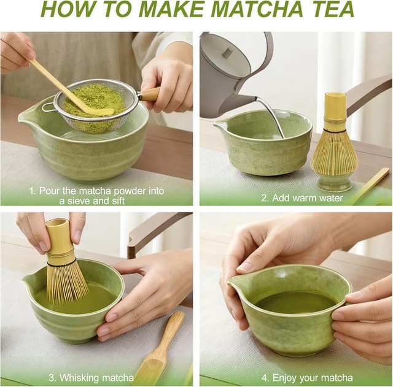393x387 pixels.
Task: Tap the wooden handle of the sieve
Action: tap(149, 94)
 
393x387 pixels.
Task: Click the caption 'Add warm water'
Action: tap(302, 198)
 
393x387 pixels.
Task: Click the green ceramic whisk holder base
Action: tap(334, 182)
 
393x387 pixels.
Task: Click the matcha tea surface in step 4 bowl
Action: tap(295, 302)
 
